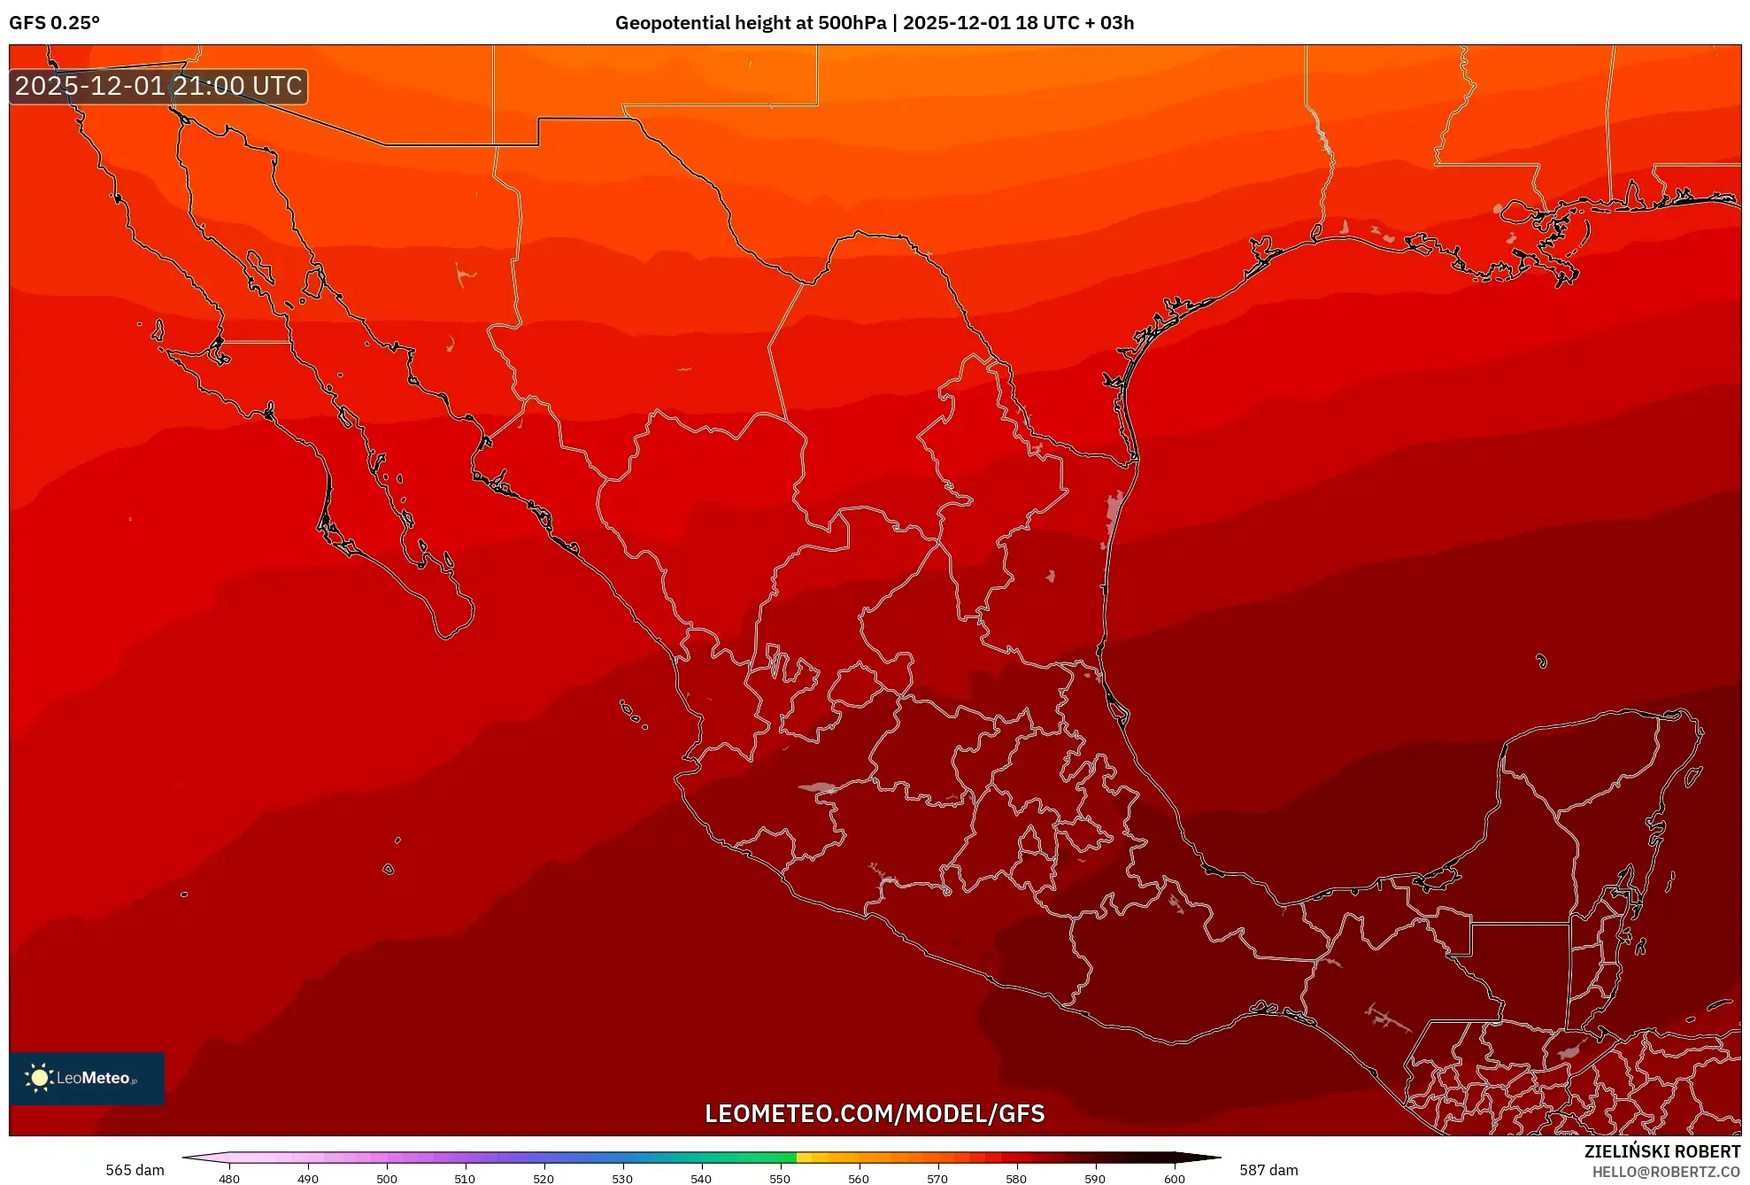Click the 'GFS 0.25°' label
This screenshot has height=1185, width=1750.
pos(55,23)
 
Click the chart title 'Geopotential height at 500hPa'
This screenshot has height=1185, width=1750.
pos(751,23)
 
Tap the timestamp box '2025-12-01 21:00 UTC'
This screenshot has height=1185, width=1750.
pos(158,86)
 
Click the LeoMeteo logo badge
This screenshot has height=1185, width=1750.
pos(87,1078)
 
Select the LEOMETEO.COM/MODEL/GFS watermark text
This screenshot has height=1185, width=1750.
pos(875,1113)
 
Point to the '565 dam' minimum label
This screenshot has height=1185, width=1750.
pos(135,1170)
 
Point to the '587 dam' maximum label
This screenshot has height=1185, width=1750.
pos(1268,1170)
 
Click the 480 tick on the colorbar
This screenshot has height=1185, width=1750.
pos(229,1178)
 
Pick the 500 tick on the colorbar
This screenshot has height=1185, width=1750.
pos(387,1178)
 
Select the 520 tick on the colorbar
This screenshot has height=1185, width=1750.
pos(544,1178)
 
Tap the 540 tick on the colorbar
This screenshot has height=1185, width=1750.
pos(701,1178)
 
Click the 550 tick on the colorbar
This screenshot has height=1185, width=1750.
pos(780,1178)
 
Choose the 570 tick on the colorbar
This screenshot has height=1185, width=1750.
pos(937,1178)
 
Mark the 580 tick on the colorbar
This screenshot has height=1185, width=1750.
pos(1016,1178)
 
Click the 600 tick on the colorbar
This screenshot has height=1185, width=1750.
pos(1174,1178)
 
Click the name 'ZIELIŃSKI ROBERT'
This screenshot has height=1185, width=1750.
pos(1661,1151)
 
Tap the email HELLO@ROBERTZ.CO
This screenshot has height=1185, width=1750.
pos(1666,1172)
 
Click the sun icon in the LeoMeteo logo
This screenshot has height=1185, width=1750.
pos(39,1077)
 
